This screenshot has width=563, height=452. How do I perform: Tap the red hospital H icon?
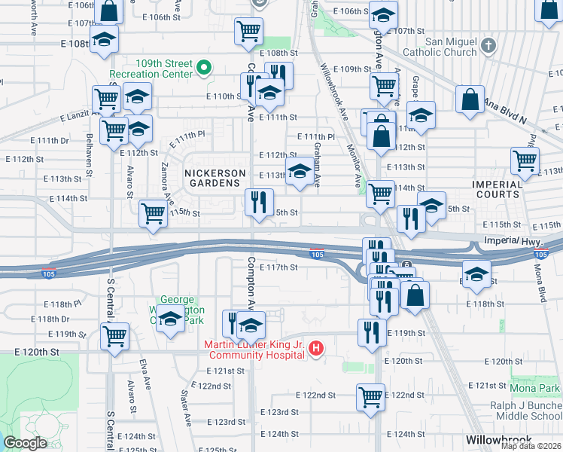coord(316,350)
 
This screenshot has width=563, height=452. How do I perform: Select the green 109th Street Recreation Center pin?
coord(202,69)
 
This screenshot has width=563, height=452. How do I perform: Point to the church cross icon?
coord(488,45)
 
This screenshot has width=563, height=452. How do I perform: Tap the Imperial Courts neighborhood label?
coord(497,189)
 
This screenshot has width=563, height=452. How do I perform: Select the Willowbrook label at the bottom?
coord(498,439)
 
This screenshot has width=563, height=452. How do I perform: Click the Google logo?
coord(26,443)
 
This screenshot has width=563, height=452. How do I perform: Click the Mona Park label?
coord(535,388)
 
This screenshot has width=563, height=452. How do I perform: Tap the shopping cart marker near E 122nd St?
coord(370,396)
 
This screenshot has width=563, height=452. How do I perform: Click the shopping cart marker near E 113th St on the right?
coord(525,160)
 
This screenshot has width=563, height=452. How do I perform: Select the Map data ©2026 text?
coord(531,446)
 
